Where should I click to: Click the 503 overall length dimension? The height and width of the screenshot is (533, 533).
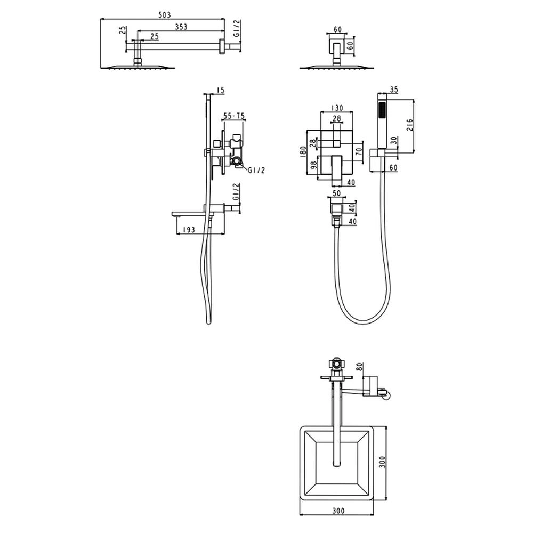(x=165, y=15)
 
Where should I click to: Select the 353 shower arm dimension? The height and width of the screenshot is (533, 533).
(x=181, y=27)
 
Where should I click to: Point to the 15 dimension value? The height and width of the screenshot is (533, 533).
(x=221, y=90)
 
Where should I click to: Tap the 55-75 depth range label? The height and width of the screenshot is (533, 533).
(x=233, y=116)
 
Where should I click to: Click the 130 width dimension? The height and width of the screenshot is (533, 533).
(x=336, y=108)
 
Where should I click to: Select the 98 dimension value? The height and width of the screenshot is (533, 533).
(x=314, y=165)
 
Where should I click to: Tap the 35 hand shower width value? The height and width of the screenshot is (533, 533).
(x=394, y=90)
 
